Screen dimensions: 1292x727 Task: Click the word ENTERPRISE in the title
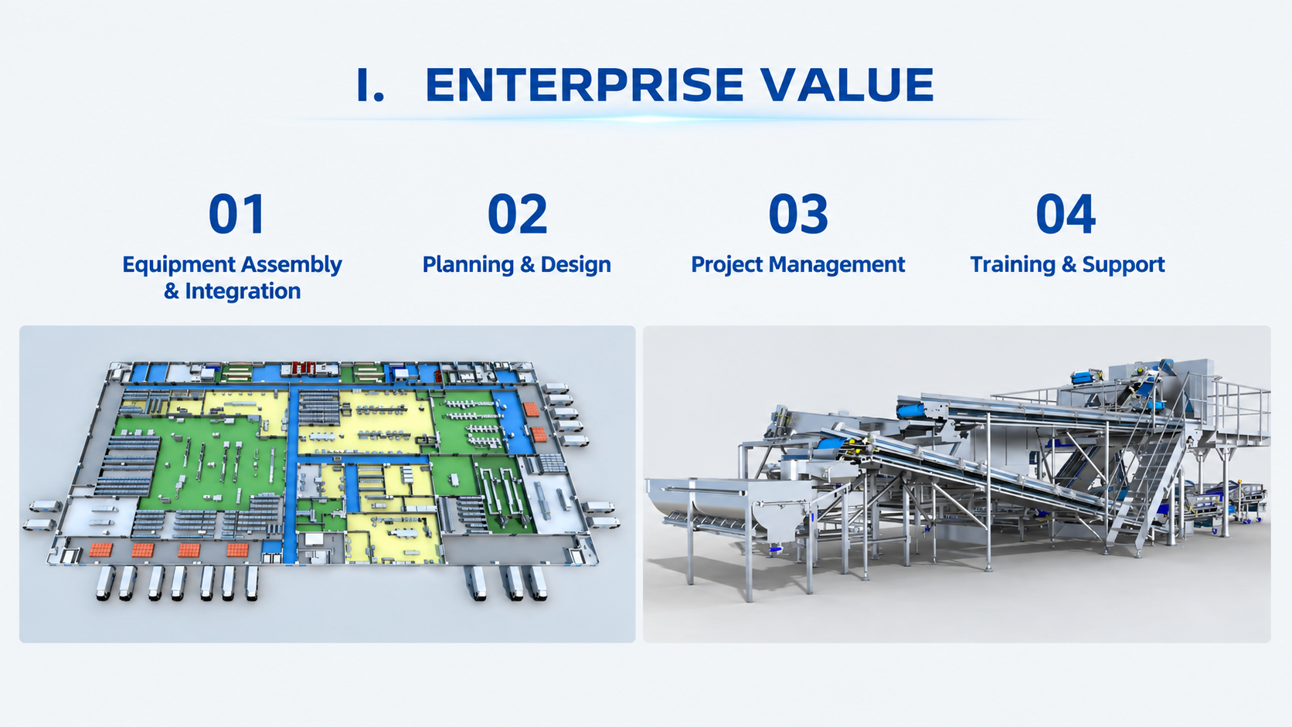(x=584, y=85)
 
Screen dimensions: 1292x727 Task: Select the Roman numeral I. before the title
(x=370, y=85)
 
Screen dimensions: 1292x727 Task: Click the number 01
(x=237, y=214)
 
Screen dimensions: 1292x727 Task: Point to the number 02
(x=518, y=214)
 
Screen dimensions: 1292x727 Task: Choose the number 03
(x=798, y=214)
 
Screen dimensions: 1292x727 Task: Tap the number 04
(x=1066, y=214)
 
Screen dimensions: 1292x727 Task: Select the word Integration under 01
(x=243, y=290)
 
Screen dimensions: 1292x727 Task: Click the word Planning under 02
(x=467, y=265)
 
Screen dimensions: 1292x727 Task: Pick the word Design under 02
(x=576, y=264)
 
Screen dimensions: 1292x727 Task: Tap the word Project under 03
(x=726, y=265)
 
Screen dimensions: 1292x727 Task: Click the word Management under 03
(x=837, y=265)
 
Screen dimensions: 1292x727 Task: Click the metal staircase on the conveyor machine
(x=1147, y=478)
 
